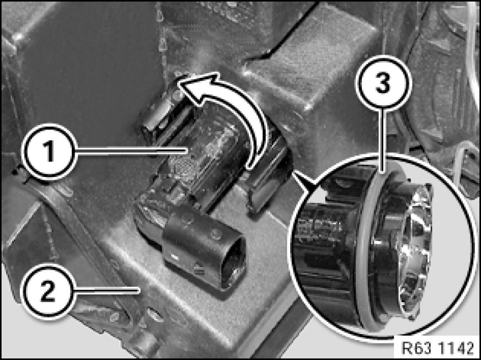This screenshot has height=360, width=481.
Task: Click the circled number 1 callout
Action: [x=49, y=151]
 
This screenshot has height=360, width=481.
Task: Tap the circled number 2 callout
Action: [x=47, y=291]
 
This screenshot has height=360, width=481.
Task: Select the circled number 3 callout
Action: [x=383, y=83]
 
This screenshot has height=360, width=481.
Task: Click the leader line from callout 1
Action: [x=131, y=151]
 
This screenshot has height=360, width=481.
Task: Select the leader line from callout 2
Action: [x=108, y=290]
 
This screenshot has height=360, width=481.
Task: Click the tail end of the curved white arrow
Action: [x=252, y=165]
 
